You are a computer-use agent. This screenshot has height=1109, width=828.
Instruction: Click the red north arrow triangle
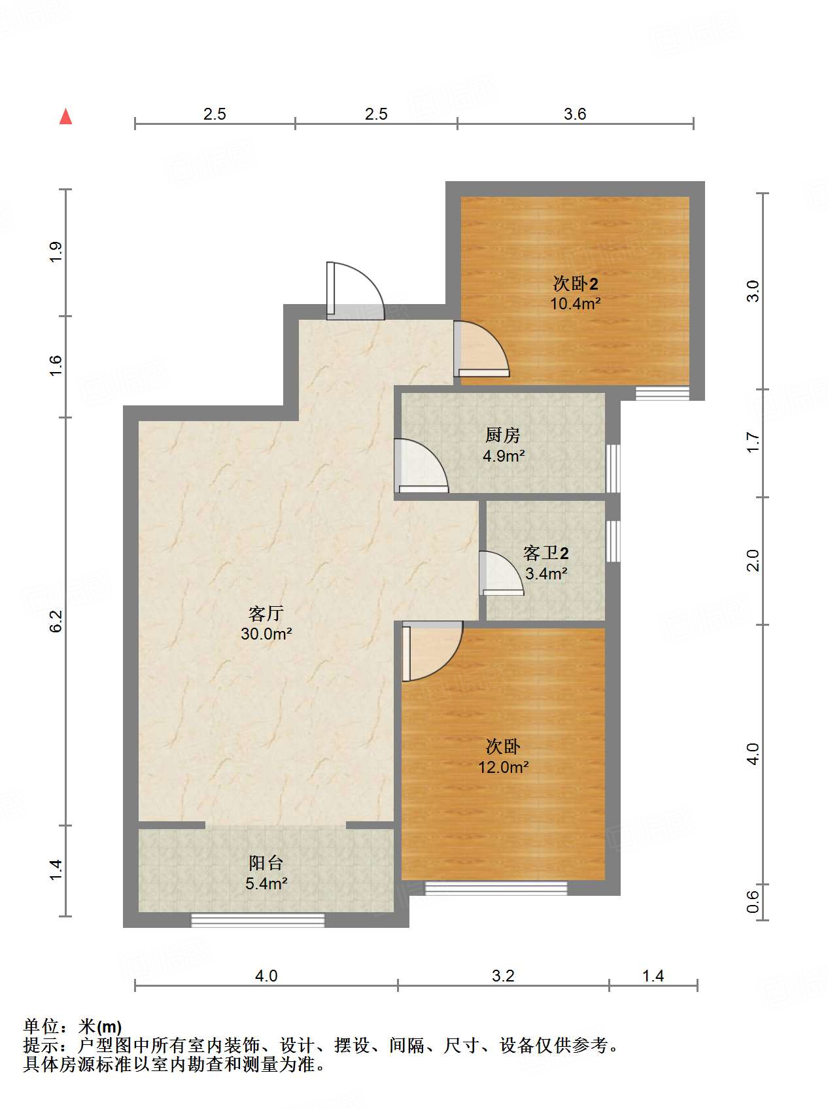point(65,116)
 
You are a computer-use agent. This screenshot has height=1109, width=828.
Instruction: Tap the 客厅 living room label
point(266,613)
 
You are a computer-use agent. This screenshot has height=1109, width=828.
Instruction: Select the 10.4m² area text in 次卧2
point(575,303)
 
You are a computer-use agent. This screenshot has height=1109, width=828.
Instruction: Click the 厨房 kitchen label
point(502,435)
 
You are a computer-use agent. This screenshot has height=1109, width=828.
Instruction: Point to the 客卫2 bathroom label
point(545,553)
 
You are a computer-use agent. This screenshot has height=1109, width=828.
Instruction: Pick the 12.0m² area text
point(503,767)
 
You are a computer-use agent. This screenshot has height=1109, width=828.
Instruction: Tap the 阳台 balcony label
point(266,862)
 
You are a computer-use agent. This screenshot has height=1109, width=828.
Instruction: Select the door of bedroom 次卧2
point(481,349)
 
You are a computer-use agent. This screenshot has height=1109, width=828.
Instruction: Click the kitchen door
point(421,465)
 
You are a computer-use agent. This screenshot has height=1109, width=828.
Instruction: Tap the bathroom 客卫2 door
point(502,573)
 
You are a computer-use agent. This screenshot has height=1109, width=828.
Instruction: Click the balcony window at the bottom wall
point(258,920)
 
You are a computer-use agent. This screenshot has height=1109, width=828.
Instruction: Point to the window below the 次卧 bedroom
point(496,888)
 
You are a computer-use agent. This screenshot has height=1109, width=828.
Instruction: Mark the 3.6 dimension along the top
point(575,114)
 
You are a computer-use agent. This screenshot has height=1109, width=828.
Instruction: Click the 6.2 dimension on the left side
point(56,621)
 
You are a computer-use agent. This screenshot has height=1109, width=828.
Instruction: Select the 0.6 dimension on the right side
point(753,902)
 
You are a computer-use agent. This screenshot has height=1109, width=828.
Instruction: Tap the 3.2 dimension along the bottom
point(503,976)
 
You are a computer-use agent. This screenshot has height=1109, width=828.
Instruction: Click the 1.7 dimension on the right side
point(753,442)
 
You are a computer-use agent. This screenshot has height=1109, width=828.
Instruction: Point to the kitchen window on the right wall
point(613,468)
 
